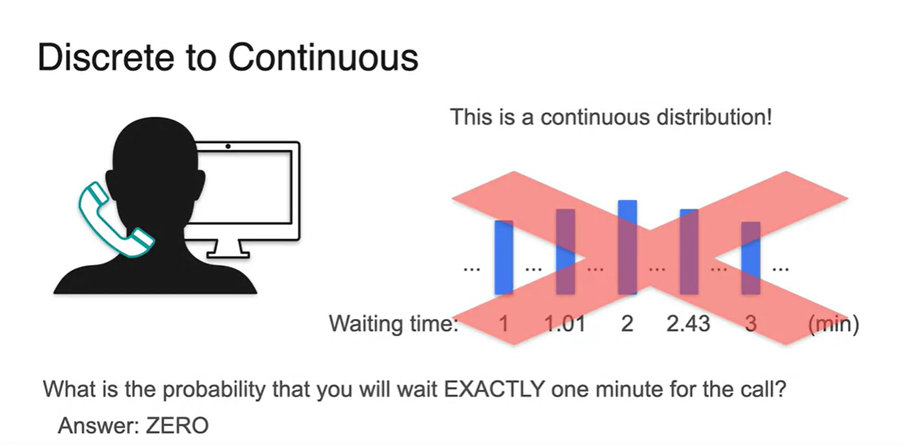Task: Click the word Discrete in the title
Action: pyautogui.click(x=106, y=57)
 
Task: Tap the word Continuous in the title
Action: pyautogui.click(x=323, y=57)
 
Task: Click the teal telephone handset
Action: pyautogui.click(x=115, y=220)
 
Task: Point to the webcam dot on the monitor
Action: pyautogui.click(x=228, y=146)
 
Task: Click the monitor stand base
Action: pyautogui.click(x=228, y=254)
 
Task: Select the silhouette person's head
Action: pyautogui.click(x=155, y=161)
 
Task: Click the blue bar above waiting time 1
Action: pyautogui.click(x=504, y=257)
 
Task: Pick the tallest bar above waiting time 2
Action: pyautogui.click(x=628, y=247)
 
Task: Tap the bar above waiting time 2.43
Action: pyautogui.click(x=689, y=252)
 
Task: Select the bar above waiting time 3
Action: pyautogui.click(x=751, y=258)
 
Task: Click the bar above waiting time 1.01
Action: pyautogui.click(x=565, y=252)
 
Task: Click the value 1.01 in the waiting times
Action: pyautogui.click(x=565, y=323)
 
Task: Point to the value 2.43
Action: pyautogui.click(x=688, y=323)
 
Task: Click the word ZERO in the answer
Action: pyautogui.click(x=177, y=426)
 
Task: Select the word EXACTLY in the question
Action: pyautogui.click(x=494, y=389)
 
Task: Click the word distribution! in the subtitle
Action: pyautogui.click(x=714, y=117)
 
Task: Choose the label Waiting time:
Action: pyautogui.click(x=394, y=323)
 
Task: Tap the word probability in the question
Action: pyautogui.click(x=214, y=390)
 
